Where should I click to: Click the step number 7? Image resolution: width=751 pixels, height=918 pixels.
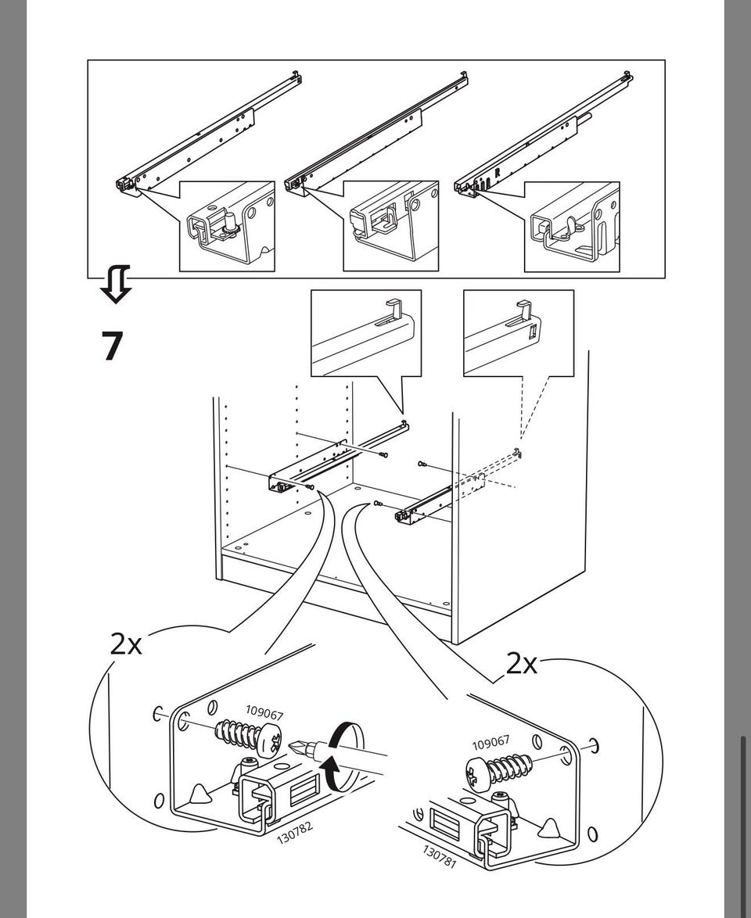[x=113, y=346]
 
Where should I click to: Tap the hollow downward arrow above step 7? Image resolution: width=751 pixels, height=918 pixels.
[x=115, y=284]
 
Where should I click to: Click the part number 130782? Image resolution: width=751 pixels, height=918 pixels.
[x=295, y=832]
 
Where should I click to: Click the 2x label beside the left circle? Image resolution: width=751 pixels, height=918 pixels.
[x=126, y=644]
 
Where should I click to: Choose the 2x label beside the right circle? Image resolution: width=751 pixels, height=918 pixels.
[x=521, y=664]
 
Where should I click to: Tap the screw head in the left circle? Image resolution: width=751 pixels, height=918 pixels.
[x=270, y=739]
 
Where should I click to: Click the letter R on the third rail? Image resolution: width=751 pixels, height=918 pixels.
[x=498, y=174]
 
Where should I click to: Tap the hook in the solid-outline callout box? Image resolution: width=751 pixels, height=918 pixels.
[x=394, y=309]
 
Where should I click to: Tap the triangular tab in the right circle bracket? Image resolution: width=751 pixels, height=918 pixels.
[x=549, y=827]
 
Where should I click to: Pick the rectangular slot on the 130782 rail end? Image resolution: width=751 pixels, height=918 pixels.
[x=303, y=791]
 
